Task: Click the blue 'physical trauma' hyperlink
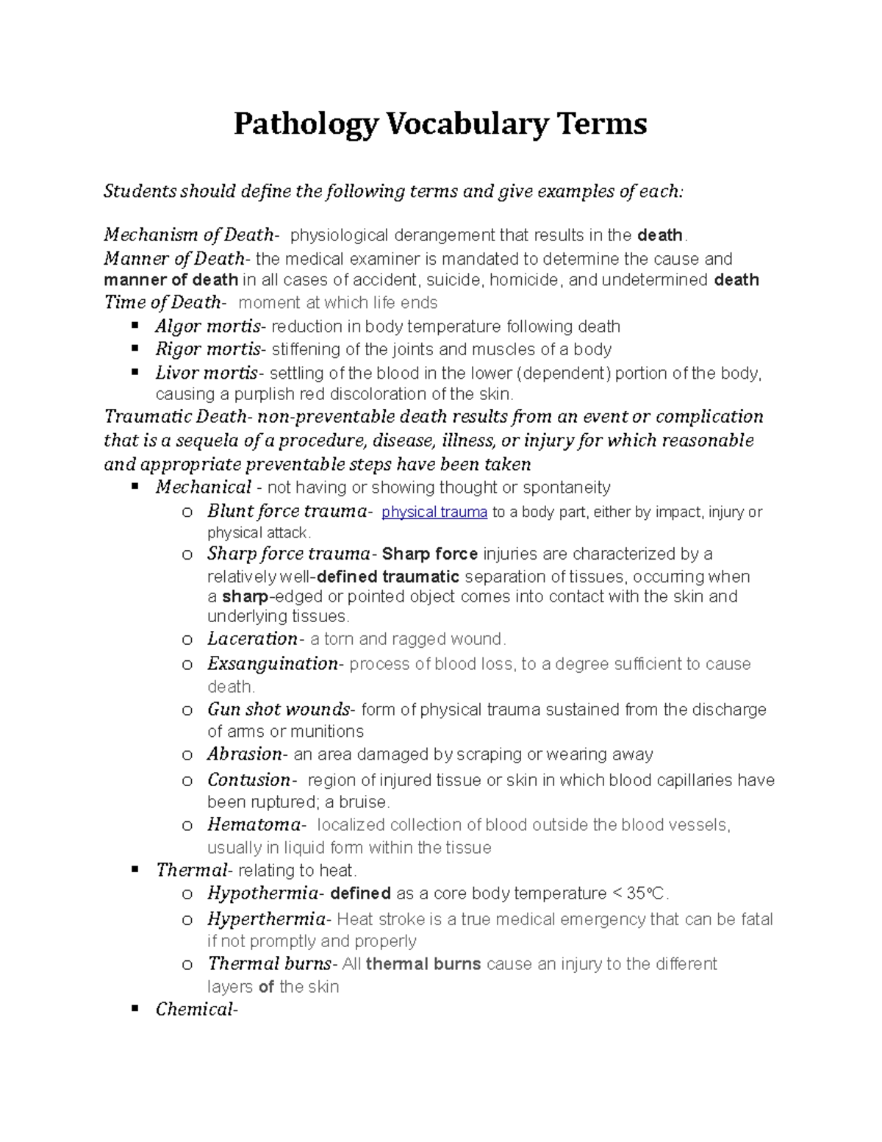[x=434, y=512]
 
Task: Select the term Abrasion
[x=245, y=754]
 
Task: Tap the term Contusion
[x=249, y=780]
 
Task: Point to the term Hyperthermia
[x=266, y=919]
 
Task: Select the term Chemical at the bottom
[x=194, y=1010]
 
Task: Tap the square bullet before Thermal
[x=135, y=870]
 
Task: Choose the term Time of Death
[x=162, y=303]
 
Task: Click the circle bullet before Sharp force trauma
[x=187, y=554]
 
